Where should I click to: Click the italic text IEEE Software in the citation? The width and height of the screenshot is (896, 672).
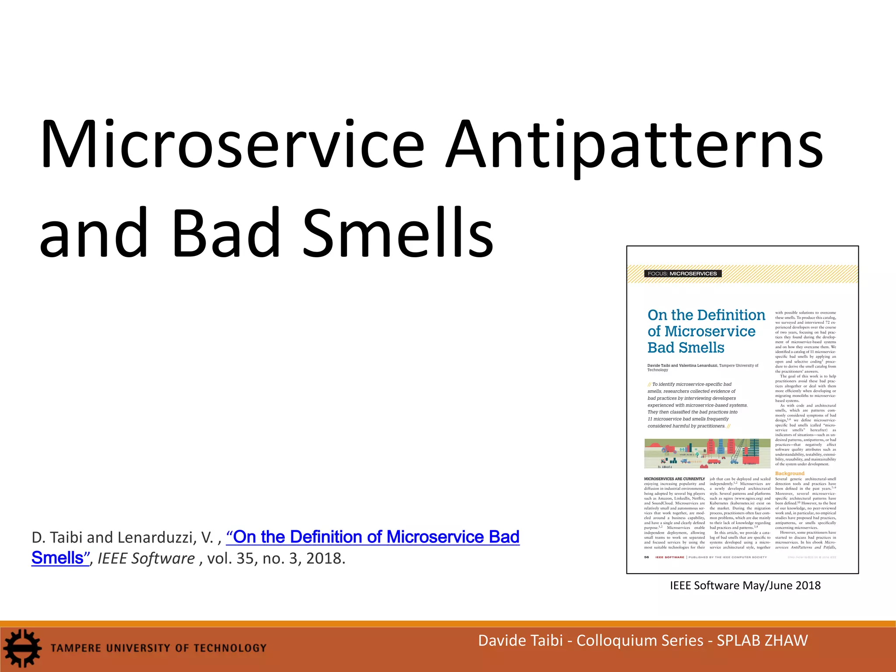[146, 559]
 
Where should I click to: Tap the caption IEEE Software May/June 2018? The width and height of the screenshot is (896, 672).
[745, 585]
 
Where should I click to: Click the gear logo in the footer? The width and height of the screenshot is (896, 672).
[22, 648]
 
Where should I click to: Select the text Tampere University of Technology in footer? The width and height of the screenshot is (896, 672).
[158, 648]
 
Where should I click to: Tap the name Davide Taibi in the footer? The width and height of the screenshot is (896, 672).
[520, 640]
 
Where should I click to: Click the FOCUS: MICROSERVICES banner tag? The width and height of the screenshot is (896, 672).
[682, 273]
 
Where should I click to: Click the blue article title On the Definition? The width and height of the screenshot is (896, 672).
[706, 315]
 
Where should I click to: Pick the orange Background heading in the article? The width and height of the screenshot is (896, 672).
[790, 473]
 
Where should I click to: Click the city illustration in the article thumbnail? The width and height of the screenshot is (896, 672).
[707, 454]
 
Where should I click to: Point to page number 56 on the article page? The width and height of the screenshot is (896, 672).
[647, 557]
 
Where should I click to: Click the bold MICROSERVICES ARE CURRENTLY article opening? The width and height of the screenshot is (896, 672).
[674, 479]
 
